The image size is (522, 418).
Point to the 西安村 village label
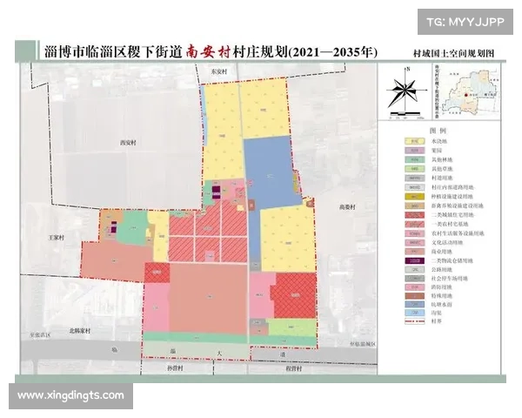coord(129,141)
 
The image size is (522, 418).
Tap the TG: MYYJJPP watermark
coord(466,19)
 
